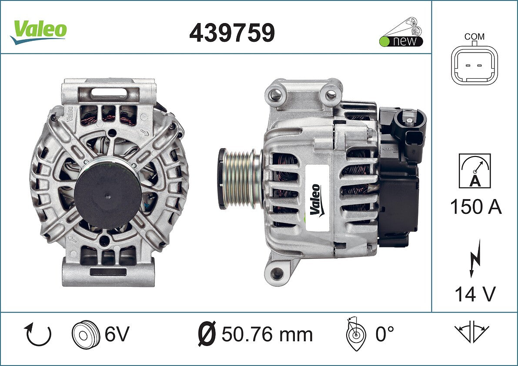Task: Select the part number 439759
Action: tap(232, 33)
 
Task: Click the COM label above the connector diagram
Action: tap(475, 37)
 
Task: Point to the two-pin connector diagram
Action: tap(475, 65)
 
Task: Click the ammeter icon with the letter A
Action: tap(475, 171)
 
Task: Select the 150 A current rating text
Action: tap(476, 207)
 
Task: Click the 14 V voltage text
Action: tap(475, 294)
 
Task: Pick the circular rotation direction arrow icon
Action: tap(37, 334)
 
